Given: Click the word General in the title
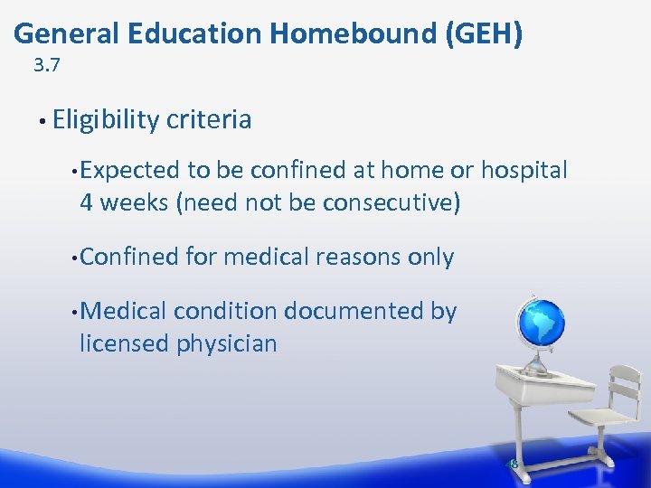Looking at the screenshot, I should (67, 33).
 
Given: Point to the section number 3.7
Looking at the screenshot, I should (47, 65).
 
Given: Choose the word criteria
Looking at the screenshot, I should (208, 120).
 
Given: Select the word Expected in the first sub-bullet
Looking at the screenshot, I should (130, 170).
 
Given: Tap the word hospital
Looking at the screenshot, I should (524, 170).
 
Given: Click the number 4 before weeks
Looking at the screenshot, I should (87, 202).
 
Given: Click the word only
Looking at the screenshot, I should (430, 258).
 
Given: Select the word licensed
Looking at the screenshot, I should (123, 343).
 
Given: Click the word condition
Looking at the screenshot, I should (225, 312).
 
